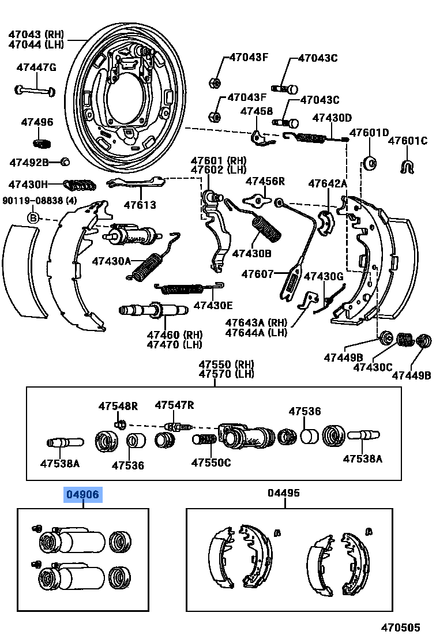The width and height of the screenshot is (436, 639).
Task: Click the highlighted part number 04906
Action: pyautogui.click(x=82, y=494)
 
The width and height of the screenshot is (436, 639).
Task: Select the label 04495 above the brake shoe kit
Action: pyautogui.click(x=284, y=493)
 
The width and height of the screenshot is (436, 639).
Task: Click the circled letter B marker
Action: pyautogui.click(x=33, y=218)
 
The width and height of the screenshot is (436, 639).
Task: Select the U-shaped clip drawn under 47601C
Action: pyautogui.click(x=408, y=166)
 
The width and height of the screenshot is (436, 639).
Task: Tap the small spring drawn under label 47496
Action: pyautogui.click(x=40, y=142)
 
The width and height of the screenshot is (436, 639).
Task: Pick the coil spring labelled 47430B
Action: pyautogui.click(x=267, y=228)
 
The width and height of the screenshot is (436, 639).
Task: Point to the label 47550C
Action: pyautogui.click(x=211, y=463)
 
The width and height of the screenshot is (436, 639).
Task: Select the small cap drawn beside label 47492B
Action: pyautogui.click(x=65, y=161)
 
